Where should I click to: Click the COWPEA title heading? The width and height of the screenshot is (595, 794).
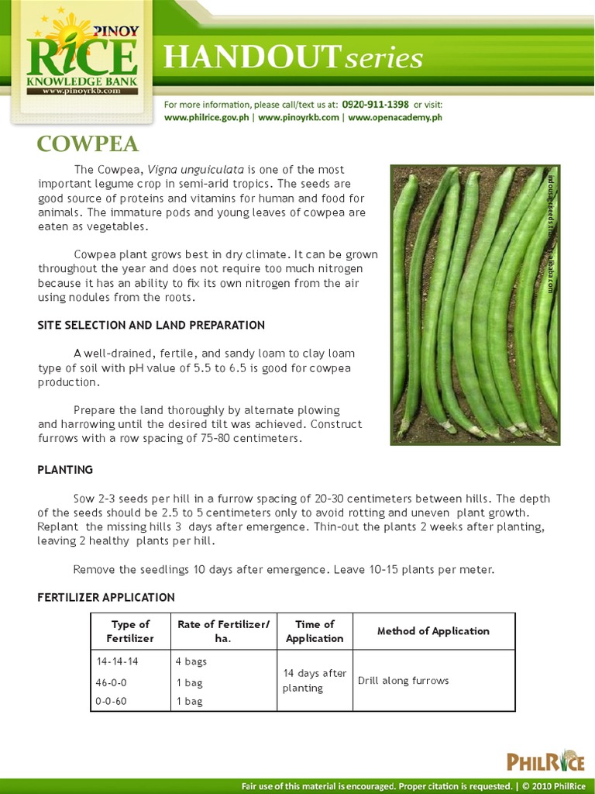pyautogui.click(x=88, y=144)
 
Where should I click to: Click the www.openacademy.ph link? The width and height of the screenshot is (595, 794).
pyautogui.click(x=394, y=118)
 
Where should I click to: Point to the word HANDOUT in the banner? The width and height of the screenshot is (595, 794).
pyautogui.click(x=246, y=58)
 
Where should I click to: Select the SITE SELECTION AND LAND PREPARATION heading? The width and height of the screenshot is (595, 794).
pyautogui.click(x=151, y=325)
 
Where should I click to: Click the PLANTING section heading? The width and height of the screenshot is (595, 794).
pyautogui.click(x=65, y=470)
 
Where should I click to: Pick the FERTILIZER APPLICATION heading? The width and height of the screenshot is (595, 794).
pyautogui.click(x=106, y=597)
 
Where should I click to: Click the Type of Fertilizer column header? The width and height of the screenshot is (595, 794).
pyautogui.click(x=130, y=631)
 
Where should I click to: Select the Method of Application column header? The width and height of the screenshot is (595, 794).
pyautogui.click(x=433, y=631)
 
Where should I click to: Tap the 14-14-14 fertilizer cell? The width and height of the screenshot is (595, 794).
pyautogui.click(x=117, y=662)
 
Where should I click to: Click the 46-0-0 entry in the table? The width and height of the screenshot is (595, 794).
pyautogui.click(x=112, y=682)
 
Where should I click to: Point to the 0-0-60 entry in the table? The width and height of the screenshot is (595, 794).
pyautogui.click(x=112, y=701)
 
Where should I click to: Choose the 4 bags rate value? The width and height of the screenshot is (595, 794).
pyautogui.click(x=191, y=662)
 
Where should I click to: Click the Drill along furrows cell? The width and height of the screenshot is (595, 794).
pyautogui.click(x=403, y=681)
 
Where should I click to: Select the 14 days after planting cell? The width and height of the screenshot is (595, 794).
pyautogui.click(x=314, y=681)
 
